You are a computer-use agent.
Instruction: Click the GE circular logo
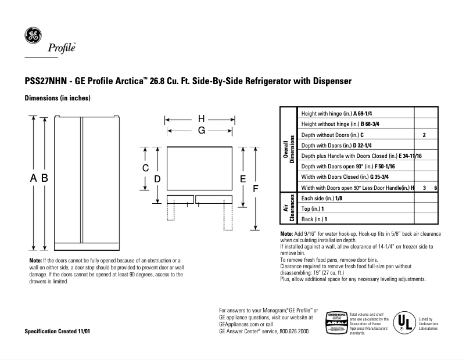32,36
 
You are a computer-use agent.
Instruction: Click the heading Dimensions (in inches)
57,99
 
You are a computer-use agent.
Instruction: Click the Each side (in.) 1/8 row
321,198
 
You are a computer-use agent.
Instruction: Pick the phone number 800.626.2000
291,331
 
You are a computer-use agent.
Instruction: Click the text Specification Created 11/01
57,331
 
